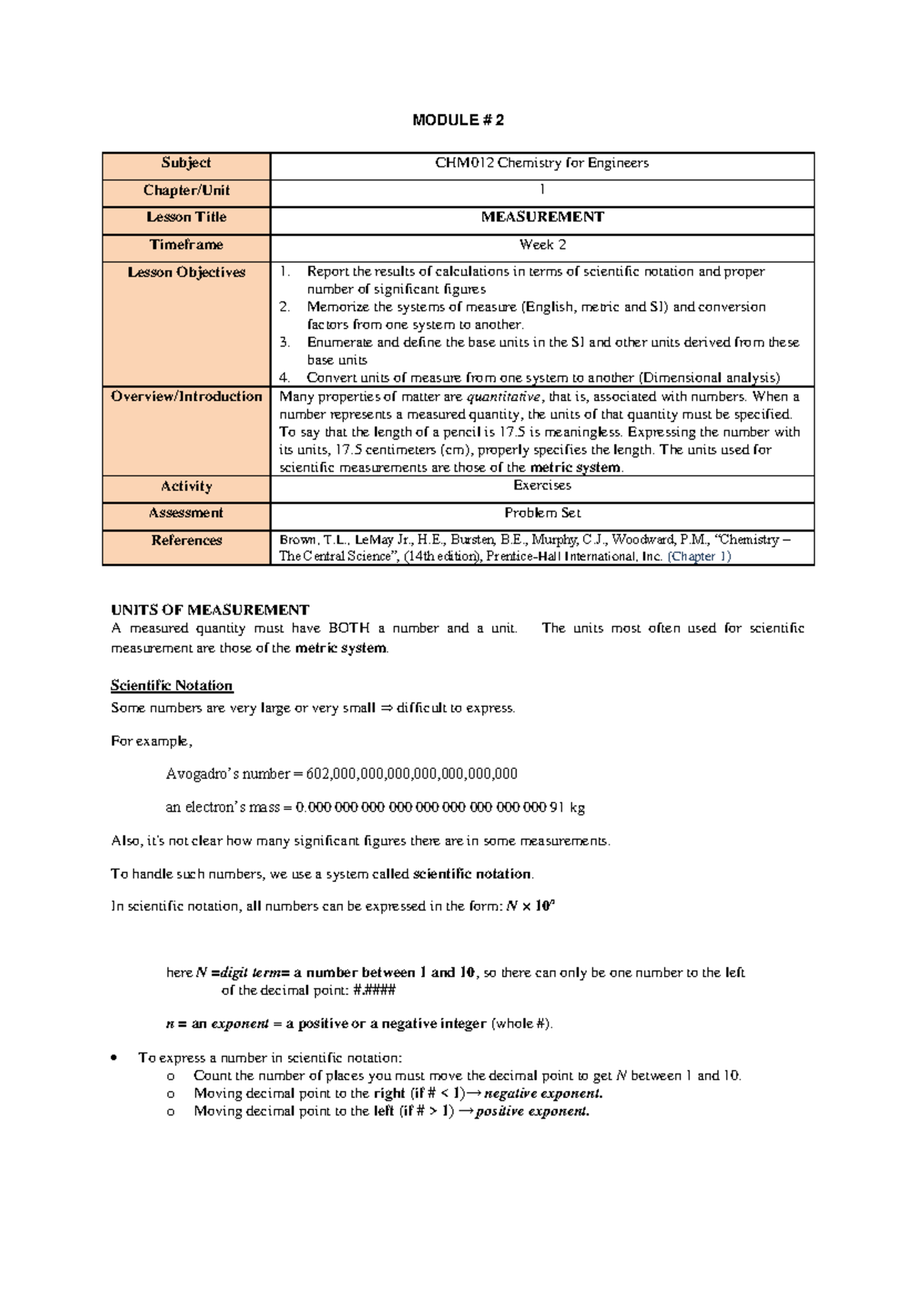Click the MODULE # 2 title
click(x=458, y=120)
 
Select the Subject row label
click(x=186, y=163)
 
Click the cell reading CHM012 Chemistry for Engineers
click(x=542, y=163)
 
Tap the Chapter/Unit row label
click(x=186, y=190)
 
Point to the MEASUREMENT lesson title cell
click(x=542, y=217)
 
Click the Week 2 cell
click(x=542, y=244)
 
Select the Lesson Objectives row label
click(x=186, y=272)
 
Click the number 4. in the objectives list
click(x=284, y=377)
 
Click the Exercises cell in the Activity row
click(x=542, y=486)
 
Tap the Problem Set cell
click(x=542, y=513)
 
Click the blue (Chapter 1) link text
click(x=698, y=557)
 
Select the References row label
click(x=186, y=541)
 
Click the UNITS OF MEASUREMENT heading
click(x=210, y=609)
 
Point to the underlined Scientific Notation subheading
click(x=172, y=685)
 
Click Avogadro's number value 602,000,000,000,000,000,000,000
click(x=411, y=773)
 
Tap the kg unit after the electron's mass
click(x=578, y=807)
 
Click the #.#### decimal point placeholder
click(x=374, y=990)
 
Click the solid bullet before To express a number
click(x=113, y=1058)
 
